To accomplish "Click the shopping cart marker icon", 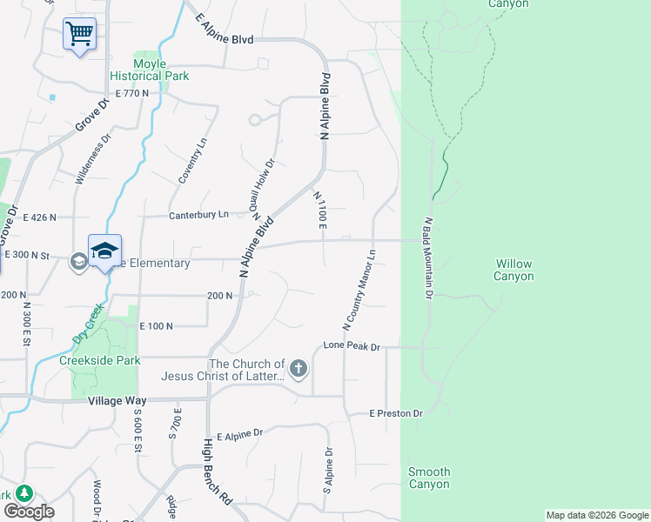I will tap(79, 35).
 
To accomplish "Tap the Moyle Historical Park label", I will tap(149, 70).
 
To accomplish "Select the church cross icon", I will tap(299, 368).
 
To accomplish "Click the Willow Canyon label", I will tap(513, 270).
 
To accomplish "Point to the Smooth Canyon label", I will tap(429, 478).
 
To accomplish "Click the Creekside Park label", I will tap(99, 360).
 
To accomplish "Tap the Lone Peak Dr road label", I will tap(352, 346).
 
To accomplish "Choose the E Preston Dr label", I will tap(395, 413).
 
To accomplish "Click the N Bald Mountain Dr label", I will tap(428, 258).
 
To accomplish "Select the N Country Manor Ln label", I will tap(359, 291).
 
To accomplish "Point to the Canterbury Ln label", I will tap(198, 214).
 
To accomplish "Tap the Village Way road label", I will tap(117, 401).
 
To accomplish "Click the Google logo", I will tap(29, 511).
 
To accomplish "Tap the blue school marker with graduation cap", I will tap(104, 251).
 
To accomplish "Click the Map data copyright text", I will tap(597, 515).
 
